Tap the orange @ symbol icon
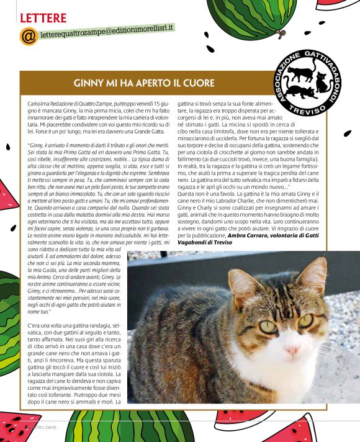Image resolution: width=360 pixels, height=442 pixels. [29, 37]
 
